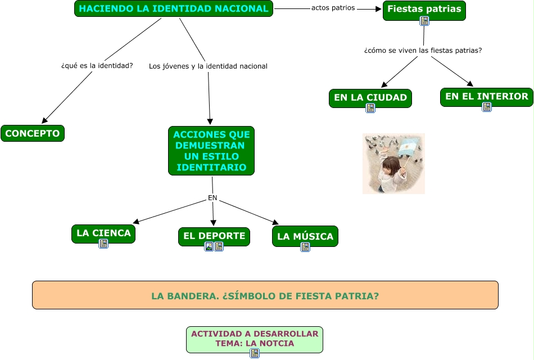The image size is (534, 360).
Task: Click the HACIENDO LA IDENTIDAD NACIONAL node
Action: pyautogui.click(x=173, y=8)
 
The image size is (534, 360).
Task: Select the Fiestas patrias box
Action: pyautogui.click(x=424, y=9)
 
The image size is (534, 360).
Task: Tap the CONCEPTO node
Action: pyautogui.click(x=33, y=133)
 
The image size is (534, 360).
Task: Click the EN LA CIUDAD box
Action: pyautogui.click(x=370, y=97)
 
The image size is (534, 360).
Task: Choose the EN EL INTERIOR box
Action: pyautogui.click(x=486, y=96)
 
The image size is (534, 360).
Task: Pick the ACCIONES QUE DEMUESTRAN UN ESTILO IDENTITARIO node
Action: pyautogui.click(x=211, y=151)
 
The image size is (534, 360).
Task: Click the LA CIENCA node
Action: pyautogui.click(x=103, y=233)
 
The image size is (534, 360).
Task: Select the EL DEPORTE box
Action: pyautogui.click(x=214, y=236)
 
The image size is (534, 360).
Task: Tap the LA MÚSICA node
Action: pyautogui.click(x=305, y=236)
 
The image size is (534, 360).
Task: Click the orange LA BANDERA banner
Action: pyautogui.click(x=265, y=295)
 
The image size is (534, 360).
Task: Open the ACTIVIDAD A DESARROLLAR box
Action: pyautogui.click(x=255, y=338)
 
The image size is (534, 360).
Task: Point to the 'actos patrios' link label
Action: pyautogui.click(x=333, y=8)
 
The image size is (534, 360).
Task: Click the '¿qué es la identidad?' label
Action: pyautogui.click(x=97, y=66)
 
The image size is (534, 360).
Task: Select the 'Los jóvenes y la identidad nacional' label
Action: pyautogui.click(x=208, y=66)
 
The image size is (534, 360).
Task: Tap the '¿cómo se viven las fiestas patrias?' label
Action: pyautogui.click(x=423, y=50)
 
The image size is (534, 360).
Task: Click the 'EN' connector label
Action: pyautogui.click(x=212, y=198)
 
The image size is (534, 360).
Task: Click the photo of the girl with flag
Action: pyautogui.click(x=393, y=164)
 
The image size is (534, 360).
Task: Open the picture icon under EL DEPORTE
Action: pyautogui.click(x=209, y=246)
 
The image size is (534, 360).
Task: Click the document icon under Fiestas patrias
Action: pyautogui.click(x=424, y=21)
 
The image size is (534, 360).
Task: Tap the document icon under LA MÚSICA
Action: pyautogui.click(x=305, y=247)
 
